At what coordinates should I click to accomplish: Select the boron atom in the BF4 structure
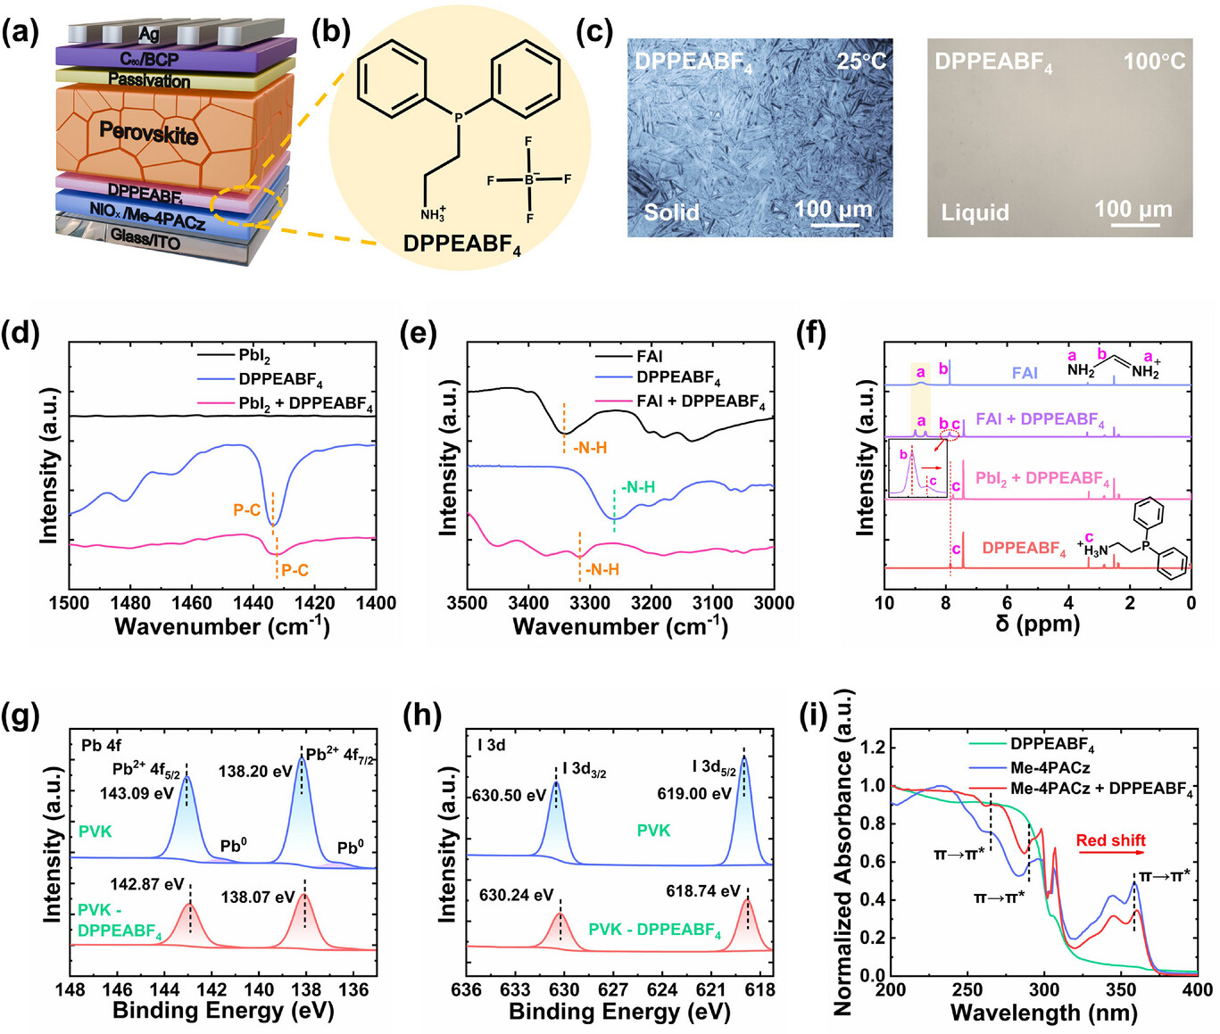pyautogui.click(x=529, y=179)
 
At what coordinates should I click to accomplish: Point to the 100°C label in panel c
pyautogui.click(x=1154, y=62)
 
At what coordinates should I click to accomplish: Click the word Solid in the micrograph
pyautogui.click(x=672, y=212)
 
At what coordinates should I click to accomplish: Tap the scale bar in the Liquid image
pyautogui.click(x=1135, y=224)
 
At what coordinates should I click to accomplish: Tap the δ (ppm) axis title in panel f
pyautogui.click(x=1037, y=624)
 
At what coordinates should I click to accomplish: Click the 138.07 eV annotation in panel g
pyautogui.click(x=258, y=897)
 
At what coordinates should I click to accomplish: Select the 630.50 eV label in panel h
pyautogui.click(x=509, y=796)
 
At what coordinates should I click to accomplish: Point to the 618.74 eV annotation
pyautogui.click(x=703, y=891)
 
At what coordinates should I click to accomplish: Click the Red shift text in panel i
pyautogui.click(x=1110, y=840)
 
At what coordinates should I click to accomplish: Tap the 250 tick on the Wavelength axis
pyautogui.click(x=967, y=989)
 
